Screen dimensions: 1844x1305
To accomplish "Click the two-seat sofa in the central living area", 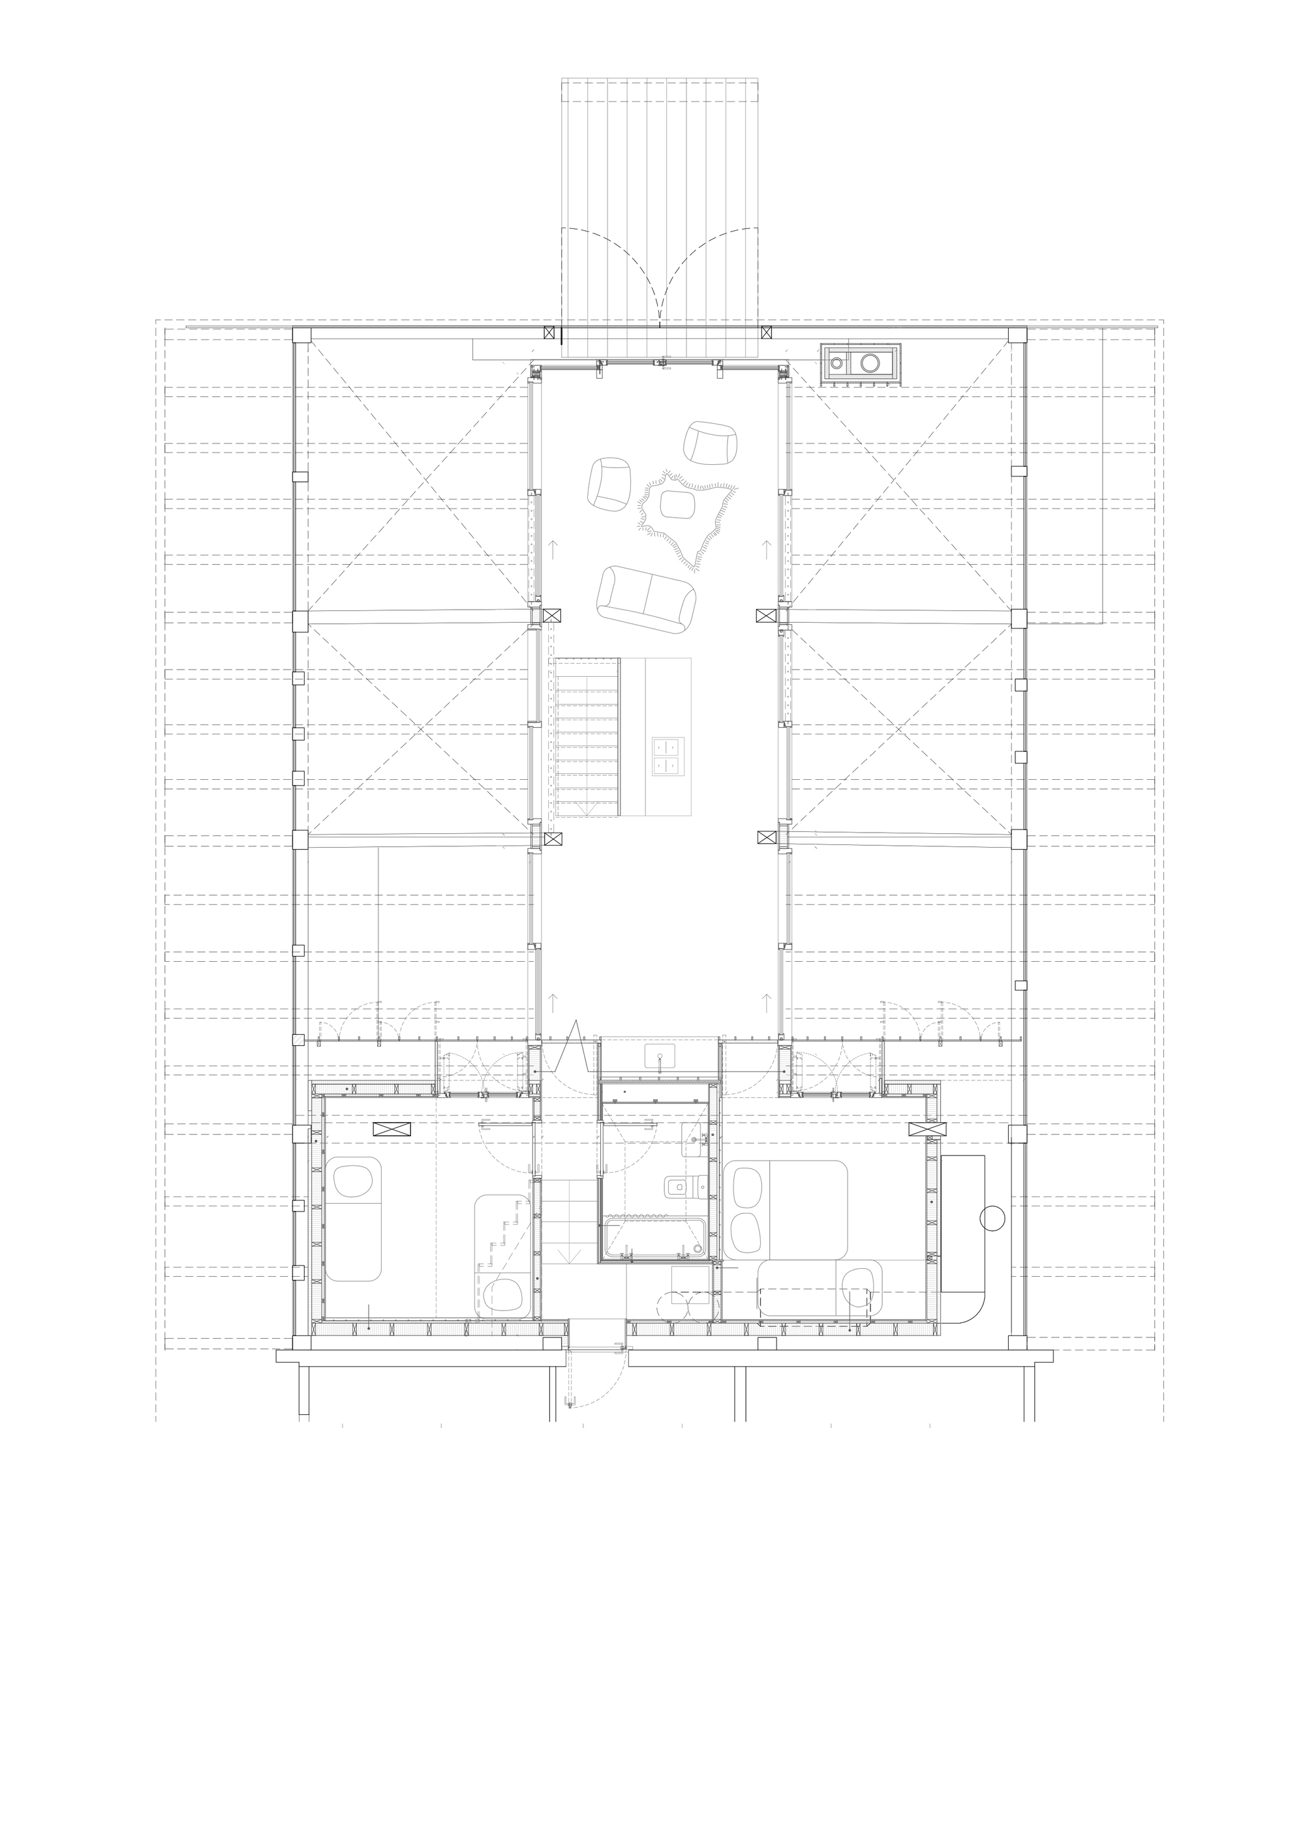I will [x=646, y=599].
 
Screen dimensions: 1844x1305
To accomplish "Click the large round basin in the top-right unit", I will [x=871, y=363].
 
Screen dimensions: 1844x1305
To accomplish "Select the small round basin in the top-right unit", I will [x=837, y=363].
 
